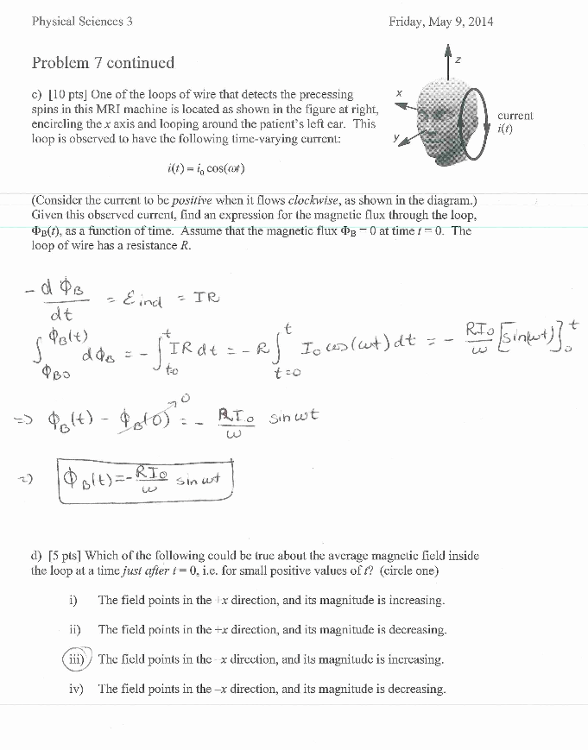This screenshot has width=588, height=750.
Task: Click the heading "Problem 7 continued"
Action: pos(103,63)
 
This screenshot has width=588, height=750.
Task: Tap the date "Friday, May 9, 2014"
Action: pos(441,22)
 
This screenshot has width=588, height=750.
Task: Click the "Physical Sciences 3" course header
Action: pos(82,22)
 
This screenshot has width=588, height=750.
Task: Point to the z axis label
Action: pos(458,59)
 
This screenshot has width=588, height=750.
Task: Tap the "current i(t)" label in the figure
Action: pos(515,122)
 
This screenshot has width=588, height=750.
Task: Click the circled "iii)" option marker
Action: pos(74,659)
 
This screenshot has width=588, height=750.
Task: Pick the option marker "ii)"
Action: pos(74,630)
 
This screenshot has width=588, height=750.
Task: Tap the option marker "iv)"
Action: pos(75,689)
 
